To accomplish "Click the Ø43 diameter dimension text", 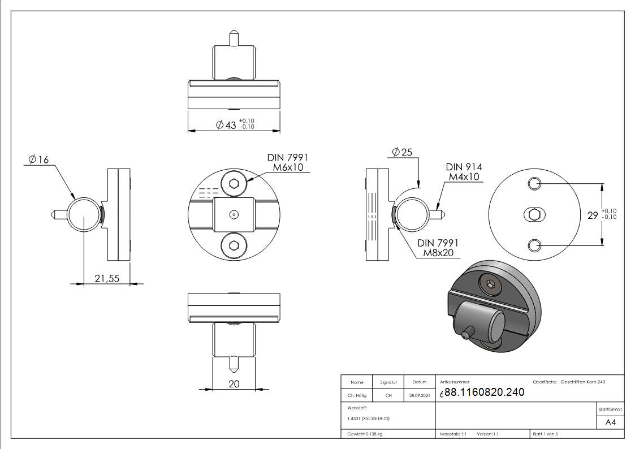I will [227, 125].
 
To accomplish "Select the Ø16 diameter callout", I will [38, 160].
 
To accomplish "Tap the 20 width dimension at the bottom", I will [234, 384].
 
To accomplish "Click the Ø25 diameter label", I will [402, 152].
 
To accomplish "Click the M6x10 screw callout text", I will [290, 167].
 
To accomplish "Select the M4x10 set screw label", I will [464, 177].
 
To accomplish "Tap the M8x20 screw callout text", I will [439, 253].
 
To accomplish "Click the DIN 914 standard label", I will [464, 167].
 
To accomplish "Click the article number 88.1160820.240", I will [485, 392].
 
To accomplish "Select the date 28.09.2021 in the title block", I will [420, 396].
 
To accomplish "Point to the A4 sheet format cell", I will [610, 422].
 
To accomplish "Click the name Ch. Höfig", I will [357, 396].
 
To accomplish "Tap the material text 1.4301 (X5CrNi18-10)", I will [369, 418].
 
